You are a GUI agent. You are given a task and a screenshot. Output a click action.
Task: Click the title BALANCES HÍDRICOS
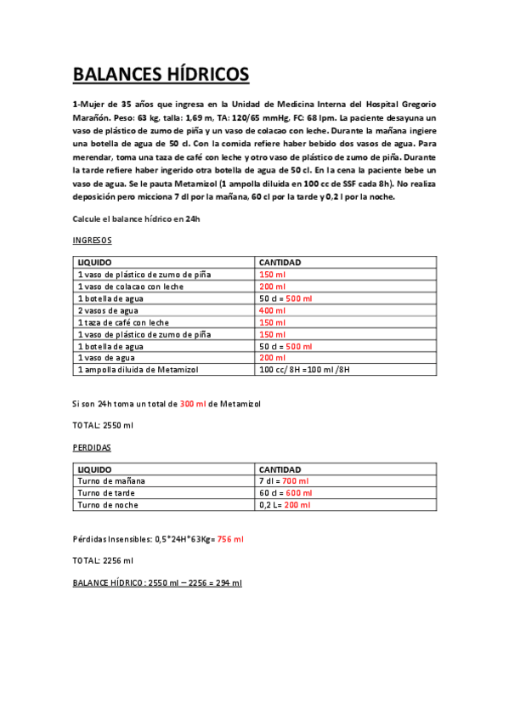click(161, 74)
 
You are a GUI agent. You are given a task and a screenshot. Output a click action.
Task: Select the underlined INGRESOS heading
click(93, 241)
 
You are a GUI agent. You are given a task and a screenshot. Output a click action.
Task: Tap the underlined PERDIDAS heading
click(92, 446)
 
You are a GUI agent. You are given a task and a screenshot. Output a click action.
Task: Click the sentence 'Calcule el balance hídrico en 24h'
click(136, 219)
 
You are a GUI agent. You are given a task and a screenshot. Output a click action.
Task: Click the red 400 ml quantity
click(273, 311)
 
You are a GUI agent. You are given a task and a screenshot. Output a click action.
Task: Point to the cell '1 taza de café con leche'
click(123, 323)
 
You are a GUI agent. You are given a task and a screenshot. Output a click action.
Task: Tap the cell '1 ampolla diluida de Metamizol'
click(138, 371)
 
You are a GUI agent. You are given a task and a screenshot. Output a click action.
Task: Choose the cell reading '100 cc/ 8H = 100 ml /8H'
click(304, 371)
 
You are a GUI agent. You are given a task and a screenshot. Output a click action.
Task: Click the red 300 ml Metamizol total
click(193, 403)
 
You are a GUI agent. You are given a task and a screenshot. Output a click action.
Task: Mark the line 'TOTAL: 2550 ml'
click(103, 424)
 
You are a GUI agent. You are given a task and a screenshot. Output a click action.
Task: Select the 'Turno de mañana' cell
click(110, 480)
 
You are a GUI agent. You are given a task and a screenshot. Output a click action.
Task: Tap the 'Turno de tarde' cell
click(107, 492)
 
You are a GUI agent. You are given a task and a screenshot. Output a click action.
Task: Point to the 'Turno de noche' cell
click(108, 504)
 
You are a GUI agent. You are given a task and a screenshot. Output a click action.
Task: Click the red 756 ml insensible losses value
click(230, 539)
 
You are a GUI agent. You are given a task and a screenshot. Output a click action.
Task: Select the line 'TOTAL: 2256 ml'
click(103, 560)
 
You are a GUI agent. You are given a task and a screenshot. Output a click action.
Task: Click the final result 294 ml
click(228, 582)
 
